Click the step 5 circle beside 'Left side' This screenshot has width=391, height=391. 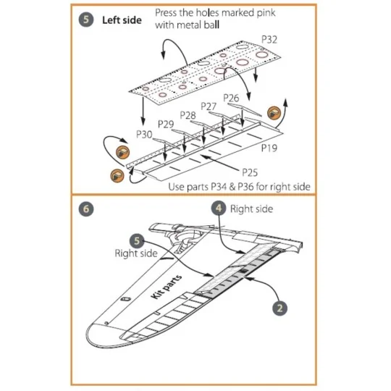coord(86,21)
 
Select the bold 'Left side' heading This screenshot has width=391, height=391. coord(122,21)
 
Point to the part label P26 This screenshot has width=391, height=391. coord(231,97)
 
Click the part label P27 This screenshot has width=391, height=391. coord(209,106)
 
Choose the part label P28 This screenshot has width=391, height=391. coord(188,115)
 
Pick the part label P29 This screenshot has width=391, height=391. coord(166,125)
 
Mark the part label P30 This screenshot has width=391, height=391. coord(144,134)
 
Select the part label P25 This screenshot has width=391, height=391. coord(230,171)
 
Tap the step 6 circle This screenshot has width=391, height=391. coord(86,209)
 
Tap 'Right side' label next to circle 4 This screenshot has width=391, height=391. coord(251,209)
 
